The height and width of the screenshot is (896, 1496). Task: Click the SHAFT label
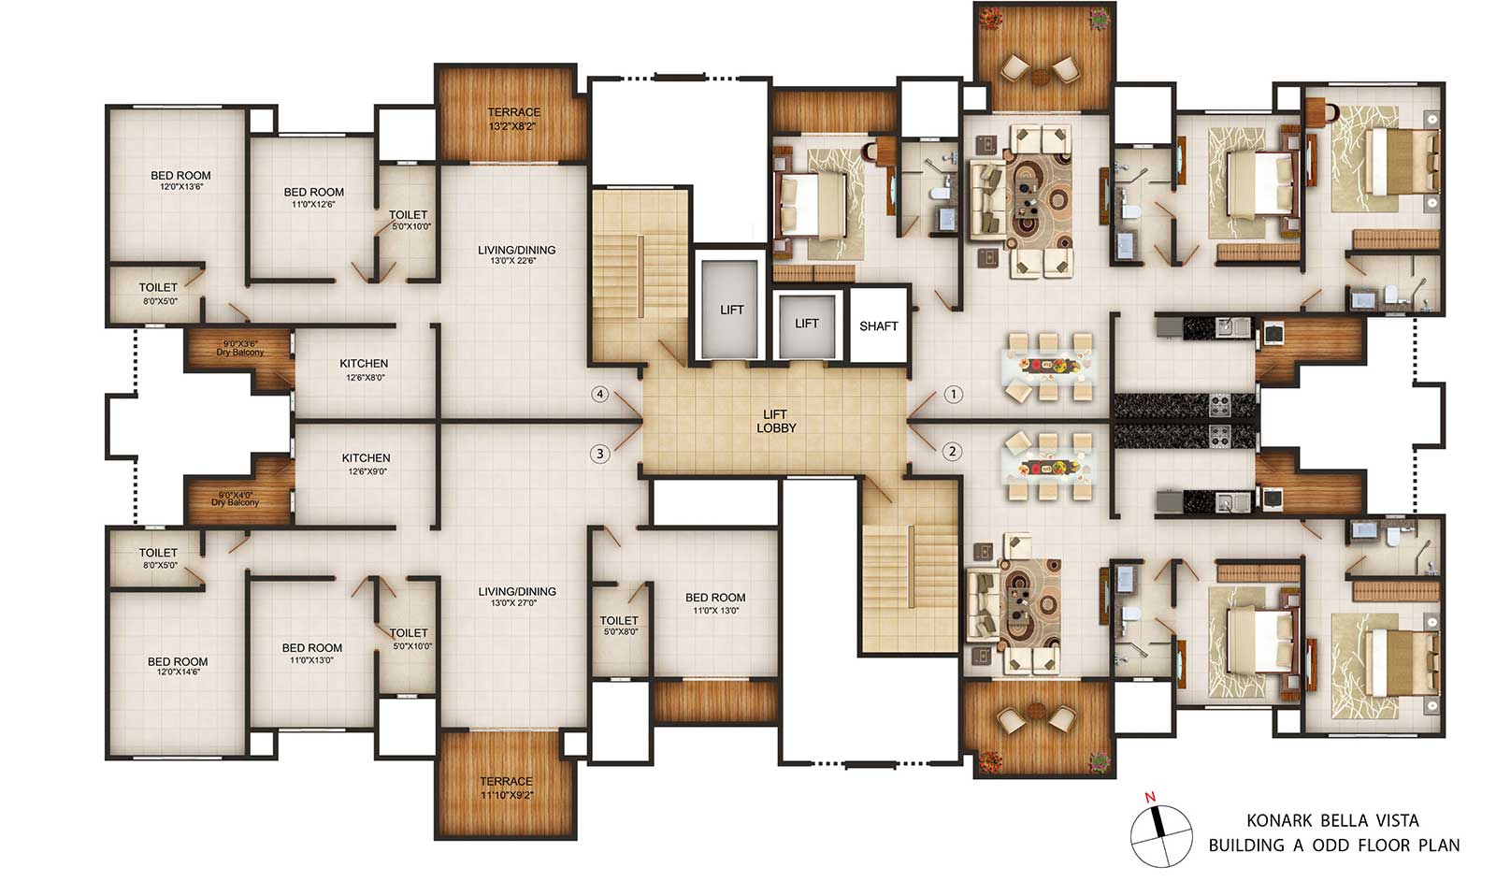[878, 326]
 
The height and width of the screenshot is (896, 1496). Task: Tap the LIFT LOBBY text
[776, 421]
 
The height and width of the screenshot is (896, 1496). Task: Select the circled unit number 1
[953, 394]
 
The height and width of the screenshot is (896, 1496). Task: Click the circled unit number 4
[599, 394]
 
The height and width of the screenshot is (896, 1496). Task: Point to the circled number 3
[599, 455]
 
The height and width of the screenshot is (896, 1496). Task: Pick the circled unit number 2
[953, 452]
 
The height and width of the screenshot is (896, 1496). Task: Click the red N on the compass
[1150, 797]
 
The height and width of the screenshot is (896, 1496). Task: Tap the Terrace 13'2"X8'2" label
[513, 119]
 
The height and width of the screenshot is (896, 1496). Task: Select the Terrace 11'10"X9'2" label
[506, 788]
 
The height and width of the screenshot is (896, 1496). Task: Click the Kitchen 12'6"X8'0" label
[364, 369]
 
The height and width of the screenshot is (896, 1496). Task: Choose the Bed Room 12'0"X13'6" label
[180, 181]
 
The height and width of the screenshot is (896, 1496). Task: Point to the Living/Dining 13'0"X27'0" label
[516, 597]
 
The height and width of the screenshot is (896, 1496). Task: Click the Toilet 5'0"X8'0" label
[619, 626]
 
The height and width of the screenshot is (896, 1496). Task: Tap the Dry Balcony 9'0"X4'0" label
[235, 499]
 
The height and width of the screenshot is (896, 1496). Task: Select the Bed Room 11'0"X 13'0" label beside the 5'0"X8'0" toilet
[714, 603]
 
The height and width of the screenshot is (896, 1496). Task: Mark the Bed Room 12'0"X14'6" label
[178, 666]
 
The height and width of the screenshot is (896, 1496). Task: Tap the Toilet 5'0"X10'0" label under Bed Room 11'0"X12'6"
[409, 220]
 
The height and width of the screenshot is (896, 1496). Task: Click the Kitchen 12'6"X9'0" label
[366, 464]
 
